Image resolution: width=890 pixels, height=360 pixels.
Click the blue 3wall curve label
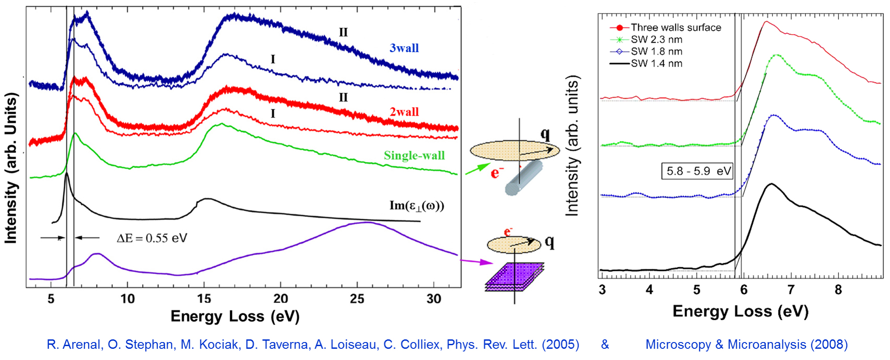click(x=404, y=48)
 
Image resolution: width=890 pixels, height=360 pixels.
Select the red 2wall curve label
click(x=404, y=112)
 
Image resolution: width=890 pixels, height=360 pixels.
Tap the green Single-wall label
click(x=414, y=156)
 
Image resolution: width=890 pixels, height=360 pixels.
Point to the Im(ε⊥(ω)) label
click(x=416, y=206)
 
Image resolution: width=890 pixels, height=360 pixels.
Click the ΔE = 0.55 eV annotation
click(x=152, y=238)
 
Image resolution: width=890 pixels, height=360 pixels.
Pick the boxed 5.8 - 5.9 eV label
click(x=697, y=171)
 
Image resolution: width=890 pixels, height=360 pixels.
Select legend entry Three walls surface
click(x=675, y=28)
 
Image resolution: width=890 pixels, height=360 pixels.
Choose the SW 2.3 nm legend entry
click(x=656, y=40)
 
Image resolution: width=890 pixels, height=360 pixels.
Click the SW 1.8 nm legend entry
click(x=656, y=52)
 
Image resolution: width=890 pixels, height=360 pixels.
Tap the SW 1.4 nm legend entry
click(x=656, y=64)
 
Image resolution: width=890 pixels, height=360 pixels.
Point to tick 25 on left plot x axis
click(x=357, y=299)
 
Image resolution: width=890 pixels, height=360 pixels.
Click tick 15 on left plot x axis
click(x=204, y=299)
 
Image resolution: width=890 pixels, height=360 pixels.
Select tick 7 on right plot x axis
click(x=791, y=290)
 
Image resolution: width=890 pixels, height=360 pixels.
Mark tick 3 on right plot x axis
click(x=602, y=290)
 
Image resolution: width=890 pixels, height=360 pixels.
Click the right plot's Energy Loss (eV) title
click(x=740, y=311)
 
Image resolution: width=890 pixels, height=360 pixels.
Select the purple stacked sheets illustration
click(x=515, y=276)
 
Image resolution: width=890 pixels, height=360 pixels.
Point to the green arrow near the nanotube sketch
click(x=478, y=169)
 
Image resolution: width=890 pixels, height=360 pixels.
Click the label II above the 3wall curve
click(x=343, y=32)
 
